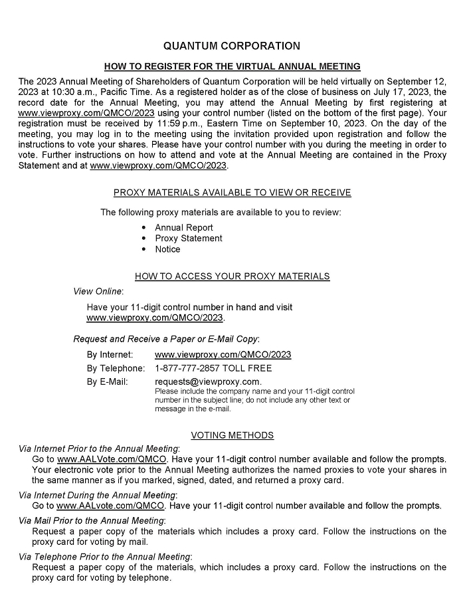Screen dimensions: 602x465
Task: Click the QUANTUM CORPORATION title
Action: (x=232, y=46)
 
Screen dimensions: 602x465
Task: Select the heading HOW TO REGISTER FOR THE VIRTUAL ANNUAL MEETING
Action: (x=232, y=66)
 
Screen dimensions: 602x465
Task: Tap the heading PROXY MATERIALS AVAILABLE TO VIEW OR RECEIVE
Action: (x=232, y=193)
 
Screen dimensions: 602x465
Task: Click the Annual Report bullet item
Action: (x=184, y=228)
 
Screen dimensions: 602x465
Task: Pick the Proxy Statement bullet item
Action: (x=189, y=239)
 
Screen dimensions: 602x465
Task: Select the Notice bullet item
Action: (x=167, y=249)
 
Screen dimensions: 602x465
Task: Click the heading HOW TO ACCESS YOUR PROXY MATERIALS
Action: (x=232, y=276)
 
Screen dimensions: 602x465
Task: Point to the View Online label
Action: (x=98, y=291)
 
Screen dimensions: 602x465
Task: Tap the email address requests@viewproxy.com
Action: (x=207, y=381)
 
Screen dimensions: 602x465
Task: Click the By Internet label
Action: (x=110, y=355)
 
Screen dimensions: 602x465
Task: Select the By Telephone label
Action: (x=116, y=368)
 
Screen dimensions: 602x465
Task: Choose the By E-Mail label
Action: (x=107, y=381)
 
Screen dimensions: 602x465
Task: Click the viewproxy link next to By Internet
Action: (x=223, y=355)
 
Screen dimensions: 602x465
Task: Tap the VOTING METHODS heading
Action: (x=232, y=435)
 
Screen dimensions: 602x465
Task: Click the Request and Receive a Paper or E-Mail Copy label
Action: (x=166, y=339)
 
